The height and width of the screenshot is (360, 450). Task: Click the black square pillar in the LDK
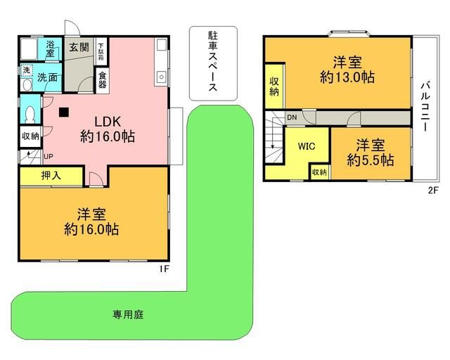point(64,112)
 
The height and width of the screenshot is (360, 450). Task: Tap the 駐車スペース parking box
point(213,63)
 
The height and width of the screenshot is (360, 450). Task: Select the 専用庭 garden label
point(128,314)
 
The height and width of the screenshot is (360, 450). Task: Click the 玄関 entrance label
point(79,47)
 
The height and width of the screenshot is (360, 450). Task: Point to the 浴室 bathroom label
point(50,49)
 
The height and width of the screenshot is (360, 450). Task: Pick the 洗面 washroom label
point(47,77)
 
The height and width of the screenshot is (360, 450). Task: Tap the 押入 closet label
point(51,175)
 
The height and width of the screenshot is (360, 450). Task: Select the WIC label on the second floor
point(307,146)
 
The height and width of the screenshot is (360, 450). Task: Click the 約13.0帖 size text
point(347,77)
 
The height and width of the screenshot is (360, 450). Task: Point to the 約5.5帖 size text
point(371,160)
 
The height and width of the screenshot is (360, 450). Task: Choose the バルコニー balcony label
point(425,107)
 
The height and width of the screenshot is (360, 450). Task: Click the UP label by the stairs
point(49,157)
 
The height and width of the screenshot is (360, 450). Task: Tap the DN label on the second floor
point(292,117)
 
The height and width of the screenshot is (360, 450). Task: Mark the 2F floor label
point(433,191)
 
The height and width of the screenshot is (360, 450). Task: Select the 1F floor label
point(164,269)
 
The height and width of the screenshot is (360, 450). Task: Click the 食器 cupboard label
point(103,80)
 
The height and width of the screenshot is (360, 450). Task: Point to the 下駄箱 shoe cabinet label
point(101,51)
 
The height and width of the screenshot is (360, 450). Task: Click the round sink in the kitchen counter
point(162,77)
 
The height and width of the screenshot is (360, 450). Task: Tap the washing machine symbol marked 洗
point(27,70)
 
